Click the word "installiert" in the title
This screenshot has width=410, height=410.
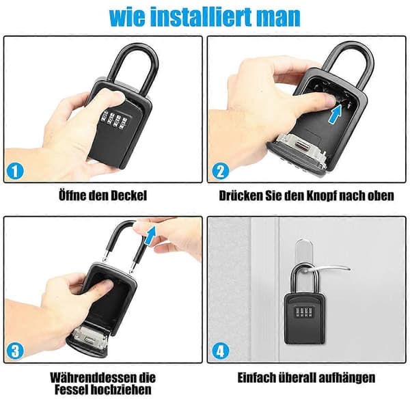click(202, 16)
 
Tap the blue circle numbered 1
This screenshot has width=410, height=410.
click(15, 171)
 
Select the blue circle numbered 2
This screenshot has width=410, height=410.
click(221, 171)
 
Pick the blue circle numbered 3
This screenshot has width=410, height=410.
click(15, 351)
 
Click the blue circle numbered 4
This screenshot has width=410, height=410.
click(221, 351)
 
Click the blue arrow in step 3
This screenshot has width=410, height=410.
click(150, 236)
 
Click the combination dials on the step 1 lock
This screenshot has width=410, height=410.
click(114, 120)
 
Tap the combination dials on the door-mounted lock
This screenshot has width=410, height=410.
click(304, 312)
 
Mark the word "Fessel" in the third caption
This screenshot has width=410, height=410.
click(70, 389)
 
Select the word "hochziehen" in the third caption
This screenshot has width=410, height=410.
click(120, 389)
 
